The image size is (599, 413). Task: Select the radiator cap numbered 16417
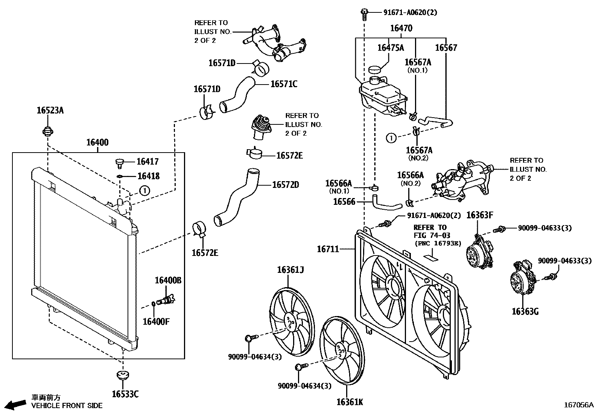click(x=119, y=163)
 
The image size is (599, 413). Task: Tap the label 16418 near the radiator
click(x=148, y=176)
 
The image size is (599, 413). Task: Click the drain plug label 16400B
click(x=168, y=280)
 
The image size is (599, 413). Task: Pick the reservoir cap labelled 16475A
click(x=375, y=70)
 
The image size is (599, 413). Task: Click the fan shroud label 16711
click(x=328, y=249)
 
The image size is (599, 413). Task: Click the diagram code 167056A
click(x=578, y=405)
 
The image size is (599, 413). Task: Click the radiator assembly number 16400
click(x=97, y=142)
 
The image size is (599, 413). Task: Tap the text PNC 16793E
click(x=438, y=244)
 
